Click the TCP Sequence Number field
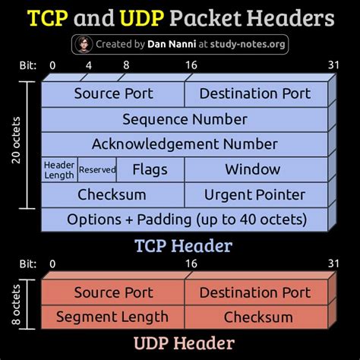(x=185, y=119)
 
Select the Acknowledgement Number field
(x=185, y=144)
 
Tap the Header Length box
(x=59, y=169)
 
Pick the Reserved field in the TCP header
(x=97, y=169)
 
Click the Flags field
(x=150, y=169)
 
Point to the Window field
(x=256, y=169)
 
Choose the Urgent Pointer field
(x=256, y=194)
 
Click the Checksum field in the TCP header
(x=112, y=194)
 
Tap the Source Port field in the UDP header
(x=113, y=292)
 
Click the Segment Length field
(x=112, y=317)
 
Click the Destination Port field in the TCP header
(x=256, y=94)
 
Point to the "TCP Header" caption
(x=183, y=245)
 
